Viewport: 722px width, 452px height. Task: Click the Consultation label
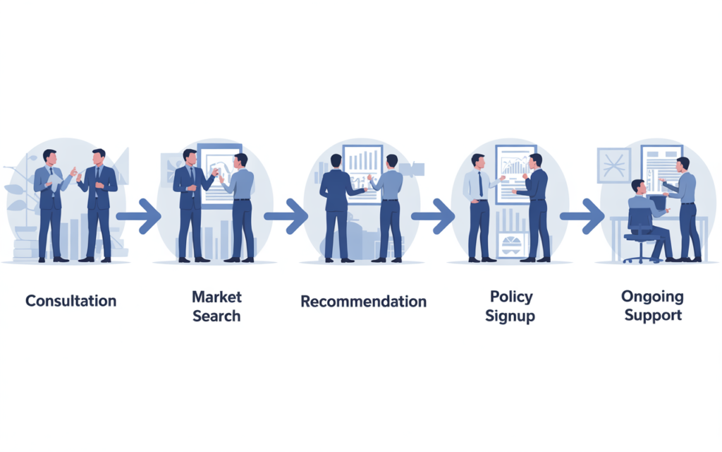pos(71,301)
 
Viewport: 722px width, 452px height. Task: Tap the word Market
pos(216,297)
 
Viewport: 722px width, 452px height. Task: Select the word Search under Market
pos(216,316)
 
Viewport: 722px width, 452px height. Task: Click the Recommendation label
pos(363,301)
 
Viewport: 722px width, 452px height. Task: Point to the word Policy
pos(511,297)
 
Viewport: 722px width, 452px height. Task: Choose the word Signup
pos(510,316)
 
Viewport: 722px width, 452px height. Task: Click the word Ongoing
pos(652,297)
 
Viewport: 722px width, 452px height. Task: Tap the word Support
pos(653,316)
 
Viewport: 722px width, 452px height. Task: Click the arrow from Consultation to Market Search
pos(139,216)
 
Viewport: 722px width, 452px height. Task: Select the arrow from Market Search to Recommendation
pos(286,216)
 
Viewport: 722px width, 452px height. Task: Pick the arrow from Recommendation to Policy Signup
pos(433,216)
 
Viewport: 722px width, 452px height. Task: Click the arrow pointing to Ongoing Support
pos(582,216)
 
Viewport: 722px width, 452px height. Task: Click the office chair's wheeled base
pos(640,258)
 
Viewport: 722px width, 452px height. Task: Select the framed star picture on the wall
pos(614,165)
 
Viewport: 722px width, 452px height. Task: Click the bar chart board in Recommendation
pos(363,174)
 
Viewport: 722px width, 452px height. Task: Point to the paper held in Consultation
pos(55,182)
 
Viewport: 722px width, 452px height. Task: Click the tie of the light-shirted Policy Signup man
pos(481,184)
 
